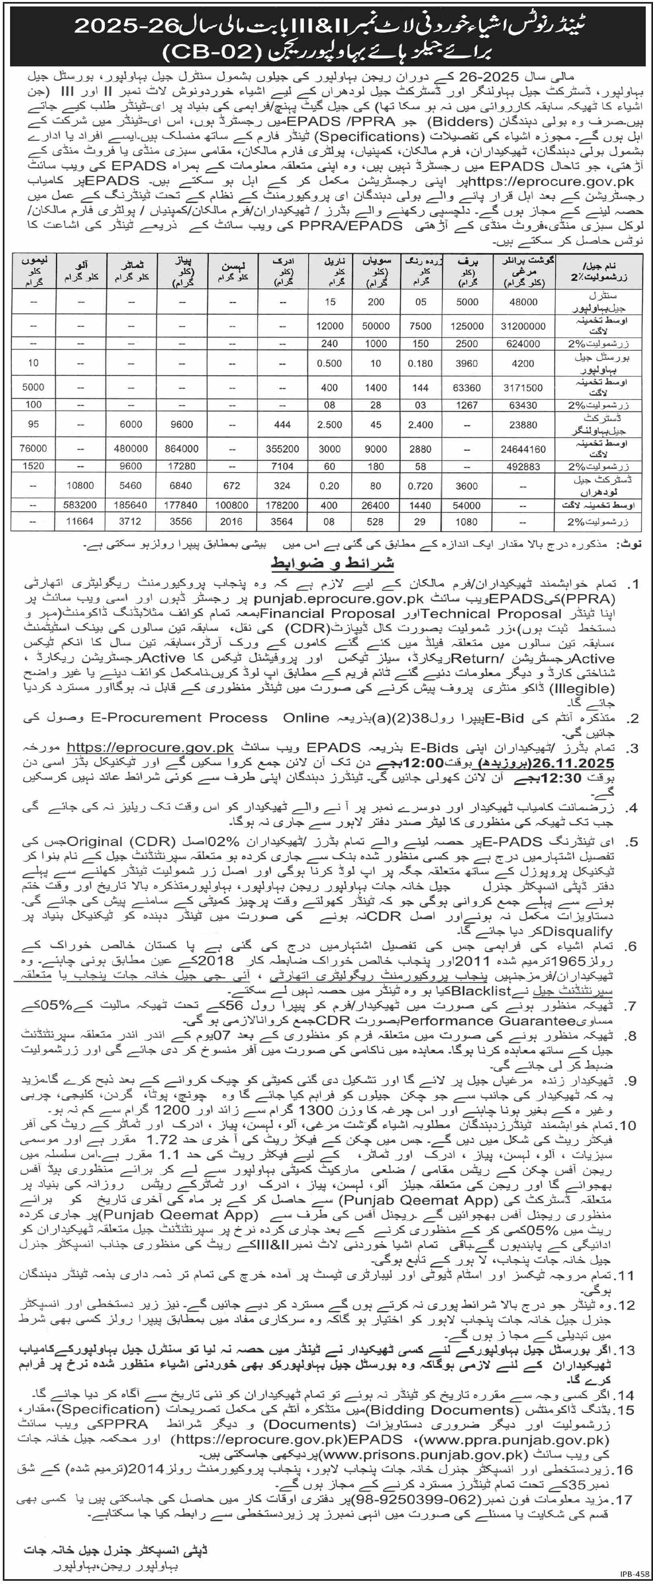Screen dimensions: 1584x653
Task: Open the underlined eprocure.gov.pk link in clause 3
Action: point(150,748)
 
